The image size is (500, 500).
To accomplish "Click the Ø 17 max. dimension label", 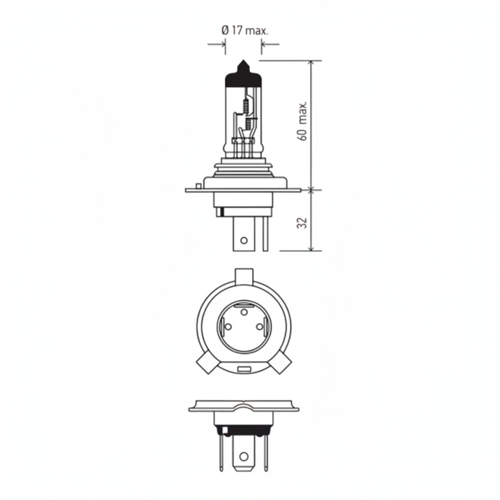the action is [x=245, y=31].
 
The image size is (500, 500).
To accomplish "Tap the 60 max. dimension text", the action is [x=303, y=121].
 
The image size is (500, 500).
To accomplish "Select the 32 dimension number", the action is [x=302, y=222].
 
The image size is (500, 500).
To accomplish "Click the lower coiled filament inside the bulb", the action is [x=249, y=123].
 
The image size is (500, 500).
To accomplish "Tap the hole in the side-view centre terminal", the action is [x=244, y=240].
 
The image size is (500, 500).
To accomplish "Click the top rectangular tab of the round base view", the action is [x=244, y=276].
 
